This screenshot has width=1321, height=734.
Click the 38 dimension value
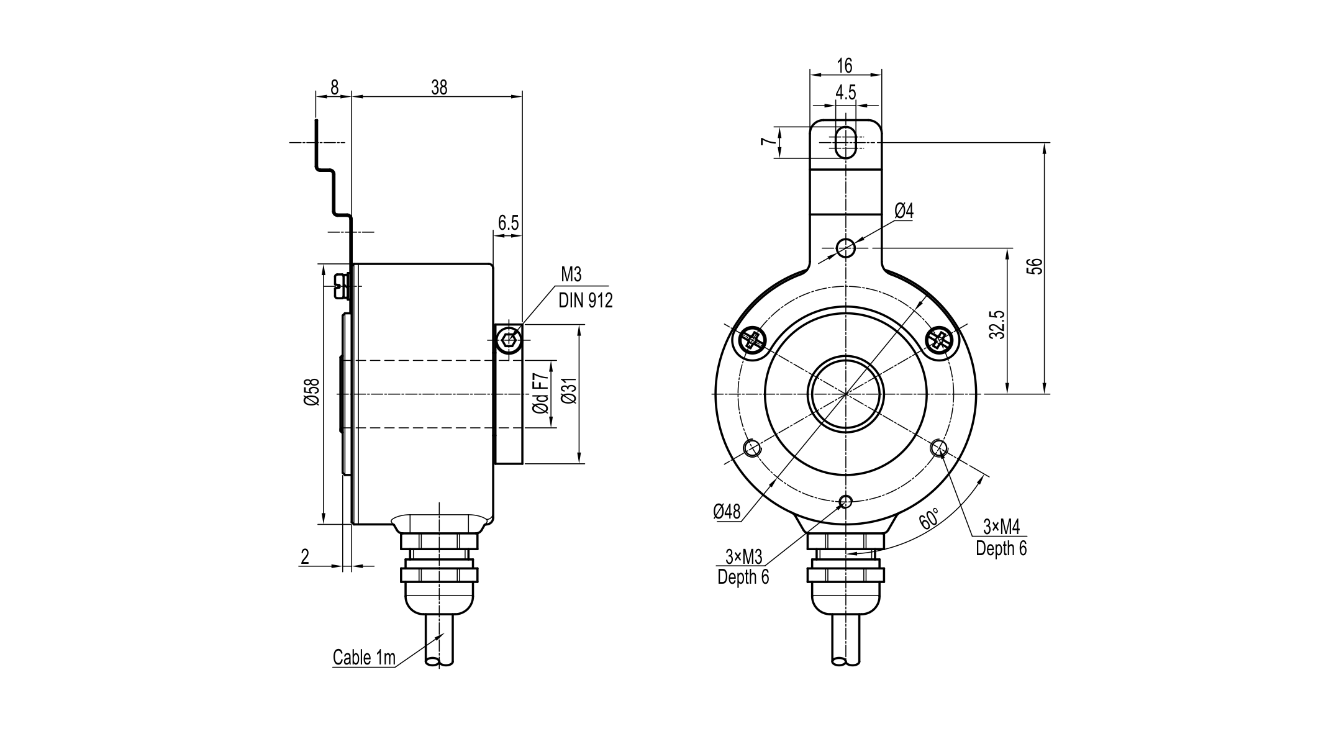pos(438,88)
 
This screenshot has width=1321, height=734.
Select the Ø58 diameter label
pos(312,392)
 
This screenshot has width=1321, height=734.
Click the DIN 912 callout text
pos(585,301)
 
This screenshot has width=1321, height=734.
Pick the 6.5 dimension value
pos(507,223)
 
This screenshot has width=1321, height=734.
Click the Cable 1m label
pos(364,658)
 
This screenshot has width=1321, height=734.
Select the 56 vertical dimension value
pos(1034,266)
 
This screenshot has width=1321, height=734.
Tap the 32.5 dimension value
pos(996,324)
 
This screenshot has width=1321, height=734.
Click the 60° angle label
pos(929,518)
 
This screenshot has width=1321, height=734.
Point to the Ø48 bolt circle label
pos(727,512)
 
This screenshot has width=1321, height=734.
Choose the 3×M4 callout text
pos(1001,527)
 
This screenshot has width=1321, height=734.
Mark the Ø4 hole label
pos(904,211)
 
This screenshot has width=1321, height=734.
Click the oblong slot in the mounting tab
pos(845,142)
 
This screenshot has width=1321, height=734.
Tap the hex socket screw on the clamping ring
pos(509,339)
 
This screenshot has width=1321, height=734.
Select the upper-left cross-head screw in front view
pos(753,340)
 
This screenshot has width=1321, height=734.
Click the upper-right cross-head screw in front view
pos(939,340)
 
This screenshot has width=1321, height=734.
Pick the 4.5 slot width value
pos(845,93)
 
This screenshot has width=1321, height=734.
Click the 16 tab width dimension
pos(845,65)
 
